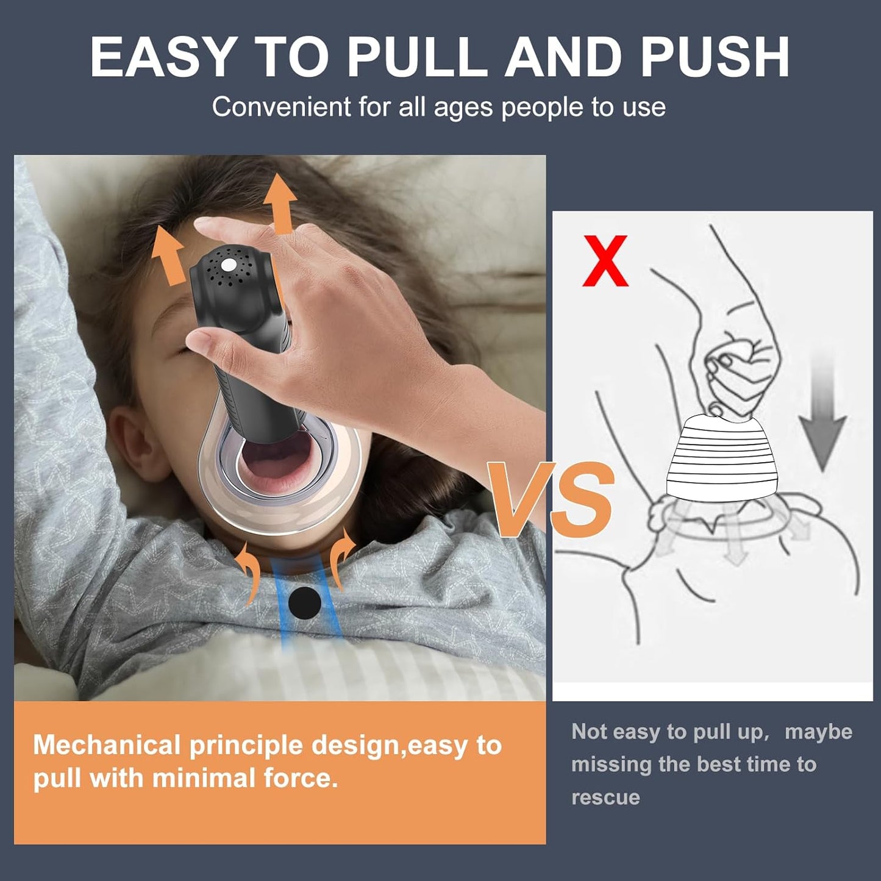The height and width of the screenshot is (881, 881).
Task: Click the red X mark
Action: pos(605,261)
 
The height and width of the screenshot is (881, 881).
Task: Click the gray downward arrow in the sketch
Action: pos(823,421)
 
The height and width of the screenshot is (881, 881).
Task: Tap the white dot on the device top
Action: pos(229,265)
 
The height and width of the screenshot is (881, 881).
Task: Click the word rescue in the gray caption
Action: pos(605,797)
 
